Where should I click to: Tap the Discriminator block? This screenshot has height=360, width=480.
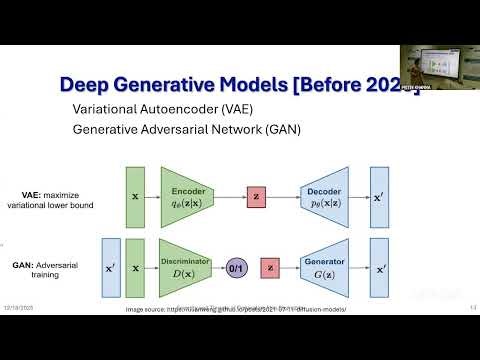pyautogui.click(x=190, y=269)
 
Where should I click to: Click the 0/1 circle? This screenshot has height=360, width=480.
pyautogui.click(x=237, y=269)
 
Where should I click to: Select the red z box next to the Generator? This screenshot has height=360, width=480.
pyautogui.click(x=269, y=269)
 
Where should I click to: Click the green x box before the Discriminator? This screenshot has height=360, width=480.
pyautogui.click(x=136, y=269)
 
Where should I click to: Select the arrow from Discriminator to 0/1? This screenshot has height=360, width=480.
pyautogui.click(x=220, y=269)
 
